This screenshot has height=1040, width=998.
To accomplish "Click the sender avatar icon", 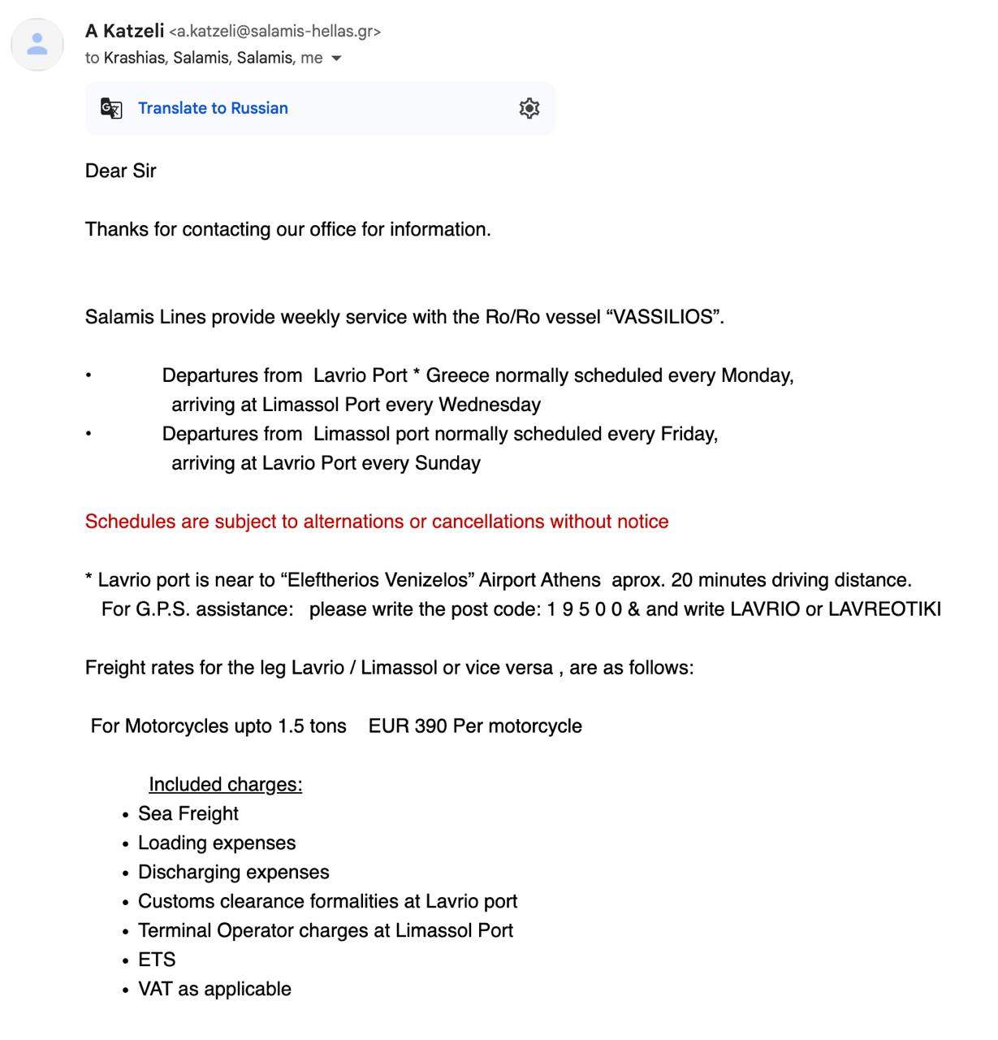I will (37, 44).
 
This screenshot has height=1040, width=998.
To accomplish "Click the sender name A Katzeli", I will (124, 31).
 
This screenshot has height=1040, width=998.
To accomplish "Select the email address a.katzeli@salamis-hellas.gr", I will (274, 32).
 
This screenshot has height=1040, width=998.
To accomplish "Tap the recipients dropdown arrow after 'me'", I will (336, 58).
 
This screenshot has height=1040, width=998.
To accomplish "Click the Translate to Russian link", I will (213, 108).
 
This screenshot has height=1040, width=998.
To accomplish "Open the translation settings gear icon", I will (529, 108).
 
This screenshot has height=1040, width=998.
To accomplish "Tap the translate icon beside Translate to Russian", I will (111, 108).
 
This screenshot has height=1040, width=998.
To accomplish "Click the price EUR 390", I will (408, 726).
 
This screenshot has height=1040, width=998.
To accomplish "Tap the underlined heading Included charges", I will (225, 785).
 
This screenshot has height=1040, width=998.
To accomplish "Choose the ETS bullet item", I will (157, 960).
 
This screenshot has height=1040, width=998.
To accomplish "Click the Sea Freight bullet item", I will (188, 814).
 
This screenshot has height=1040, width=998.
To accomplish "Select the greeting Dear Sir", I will (120, 171).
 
